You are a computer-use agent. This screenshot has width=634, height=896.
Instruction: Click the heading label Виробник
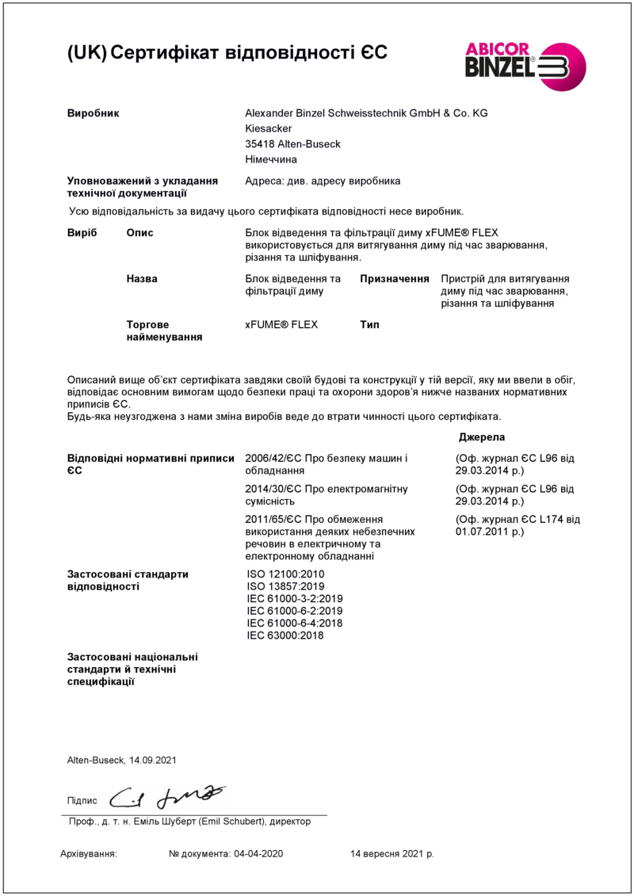(x=93, y=113)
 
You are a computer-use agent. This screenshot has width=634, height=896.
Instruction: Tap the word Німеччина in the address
(x=272, y=159)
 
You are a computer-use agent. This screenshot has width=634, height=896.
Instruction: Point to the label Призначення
(x=395, y=280)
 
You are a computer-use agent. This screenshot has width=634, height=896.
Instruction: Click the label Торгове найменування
(x=164, y=331)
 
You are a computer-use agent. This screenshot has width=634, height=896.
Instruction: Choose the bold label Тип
(x=369, y=325)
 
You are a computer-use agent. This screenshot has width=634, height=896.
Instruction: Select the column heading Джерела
(x=481, y=437)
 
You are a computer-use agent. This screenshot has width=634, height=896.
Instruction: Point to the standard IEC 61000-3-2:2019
(x=295, y=599)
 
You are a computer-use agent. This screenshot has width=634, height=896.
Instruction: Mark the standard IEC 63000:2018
(x=285, y=635)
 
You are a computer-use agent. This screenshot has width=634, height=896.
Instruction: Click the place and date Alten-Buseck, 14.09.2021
(x=121, y=761)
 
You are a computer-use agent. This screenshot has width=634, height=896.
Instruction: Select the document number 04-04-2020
(x=258, y=854)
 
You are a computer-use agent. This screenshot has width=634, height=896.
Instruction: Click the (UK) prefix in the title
(x=86, y=53)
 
